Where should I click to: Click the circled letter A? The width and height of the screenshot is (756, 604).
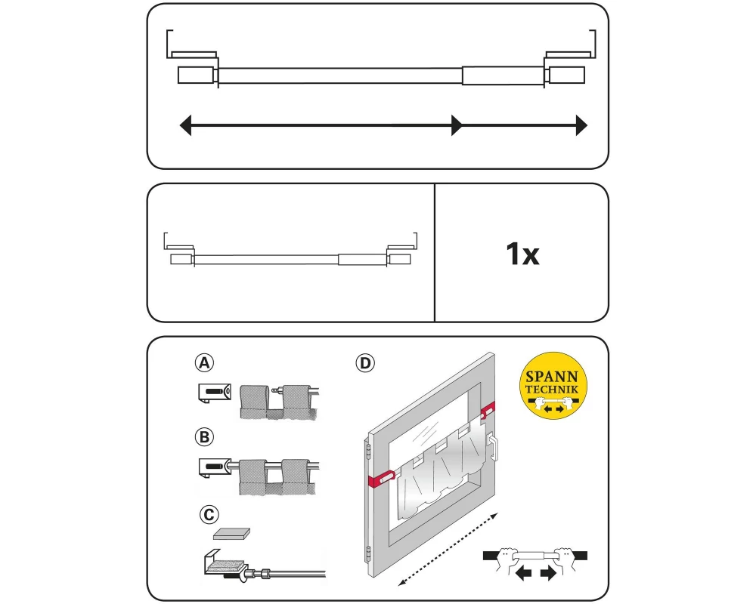point(204,362)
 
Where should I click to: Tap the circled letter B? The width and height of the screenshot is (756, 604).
point(204,437)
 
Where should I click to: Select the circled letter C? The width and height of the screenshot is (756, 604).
point(209,514)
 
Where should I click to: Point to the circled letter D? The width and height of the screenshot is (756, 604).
point(365,362)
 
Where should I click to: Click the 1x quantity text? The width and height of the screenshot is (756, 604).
point(522,254)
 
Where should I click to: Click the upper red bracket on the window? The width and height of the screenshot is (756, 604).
point(488,410)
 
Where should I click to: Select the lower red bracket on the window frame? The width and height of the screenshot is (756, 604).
point(381,479)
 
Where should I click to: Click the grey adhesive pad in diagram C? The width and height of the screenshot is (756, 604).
point(231,534)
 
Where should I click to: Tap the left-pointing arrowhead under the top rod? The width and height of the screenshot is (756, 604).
point(186,125)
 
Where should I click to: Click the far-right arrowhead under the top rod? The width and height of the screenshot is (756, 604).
point(581,125)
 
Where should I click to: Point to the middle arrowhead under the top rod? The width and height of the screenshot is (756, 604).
point(457,125)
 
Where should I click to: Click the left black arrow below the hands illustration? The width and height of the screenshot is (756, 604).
point(523,573)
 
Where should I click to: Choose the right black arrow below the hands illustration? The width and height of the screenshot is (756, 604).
point(548,573)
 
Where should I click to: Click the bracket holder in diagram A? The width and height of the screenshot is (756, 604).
point(215,393)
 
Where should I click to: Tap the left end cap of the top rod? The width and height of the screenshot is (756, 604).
point(196,75)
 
